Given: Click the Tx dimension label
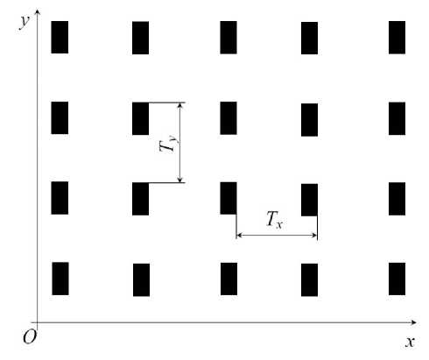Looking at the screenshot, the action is (275, 219).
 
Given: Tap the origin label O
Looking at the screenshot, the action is (30, 336).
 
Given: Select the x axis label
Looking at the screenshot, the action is (410, 342).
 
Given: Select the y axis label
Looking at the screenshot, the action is (25, 22).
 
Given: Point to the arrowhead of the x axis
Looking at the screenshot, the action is (414, 322).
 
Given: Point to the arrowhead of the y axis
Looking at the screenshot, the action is (37, 11).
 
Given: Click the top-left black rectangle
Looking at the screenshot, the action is (60, 37).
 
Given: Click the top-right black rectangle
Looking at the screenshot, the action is (397, 38).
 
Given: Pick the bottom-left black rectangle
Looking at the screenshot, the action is (60, 279).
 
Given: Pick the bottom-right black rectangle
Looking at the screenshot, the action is (397, 279).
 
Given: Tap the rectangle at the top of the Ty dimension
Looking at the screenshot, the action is (140, 118).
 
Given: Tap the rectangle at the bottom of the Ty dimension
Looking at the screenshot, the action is (140, 199).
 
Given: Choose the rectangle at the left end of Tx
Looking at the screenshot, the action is (229, 198).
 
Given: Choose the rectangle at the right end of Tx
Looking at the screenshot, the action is (309, 200).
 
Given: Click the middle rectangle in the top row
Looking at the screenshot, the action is (229, 38).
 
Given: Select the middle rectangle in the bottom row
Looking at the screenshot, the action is (229, 279).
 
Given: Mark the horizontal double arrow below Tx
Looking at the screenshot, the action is (277, 235).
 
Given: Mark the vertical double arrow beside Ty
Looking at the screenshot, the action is (180, 143).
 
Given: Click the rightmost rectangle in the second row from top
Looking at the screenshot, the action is (397, 118).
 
